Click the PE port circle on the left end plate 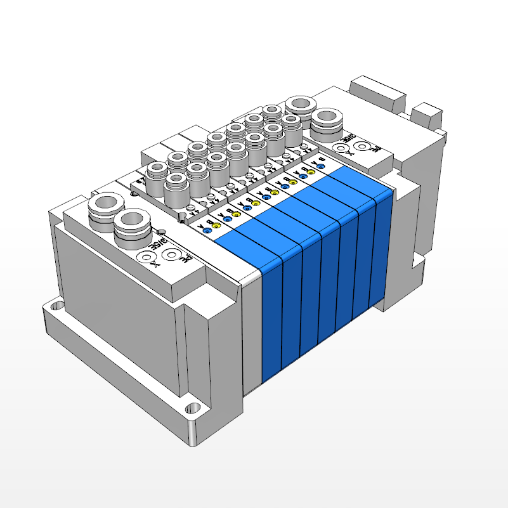(170, 256)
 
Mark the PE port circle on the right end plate (362, 147)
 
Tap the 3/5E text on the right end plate (350, 136)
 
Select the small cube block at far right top (426, 116)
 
